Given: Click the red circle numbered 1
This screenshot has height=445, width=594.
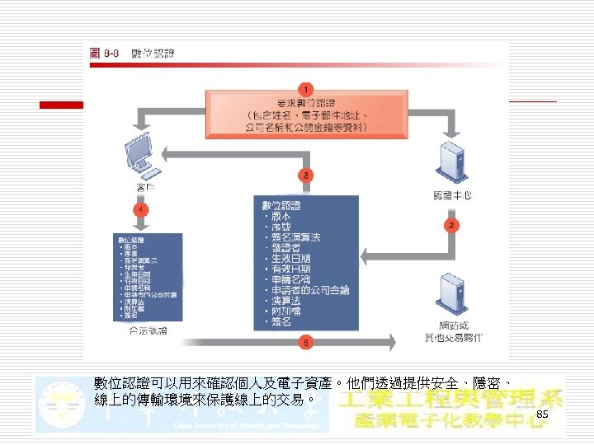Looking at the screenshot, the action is tap(305, 88).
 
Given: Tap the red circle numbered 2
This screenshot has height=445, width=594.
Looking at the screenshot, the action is tap(450, 224).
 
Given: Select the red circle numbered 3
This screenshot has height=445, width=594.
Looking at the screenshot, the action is tap(306, 176).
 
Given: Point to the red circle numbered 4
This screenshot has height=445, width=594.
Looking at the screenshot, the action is tap(143, 210).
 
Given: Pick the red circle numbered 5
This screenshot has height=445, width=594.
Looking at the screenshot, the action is tap(306, 340).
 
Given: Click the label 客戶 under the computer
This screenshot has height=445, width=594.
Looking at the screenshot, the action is tap(145, 189).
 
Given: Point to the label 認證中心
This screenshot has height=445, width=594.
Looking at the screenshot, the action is tap(452, 196).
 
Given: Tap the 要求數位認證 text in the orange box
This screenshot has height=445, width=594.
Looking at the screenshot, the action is tap(306, 103).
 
